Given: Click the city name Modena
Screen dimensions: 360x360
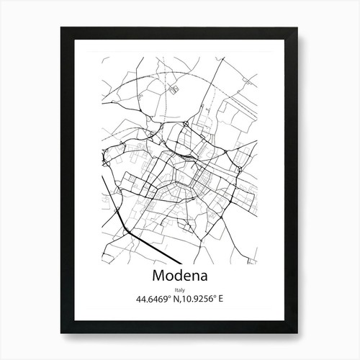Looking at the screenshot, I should coord(180,276).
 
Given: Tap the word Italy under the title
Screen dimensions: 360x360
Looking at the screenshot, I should coord(180,289).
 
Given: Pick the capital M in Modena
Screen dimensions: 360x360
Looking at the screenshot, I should coord(159,276).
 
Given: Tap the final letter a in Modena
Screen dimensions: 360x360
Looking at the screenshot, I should coord(202,276).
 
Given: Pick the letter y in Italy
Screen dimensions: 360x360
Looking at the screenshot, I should coord(184,289).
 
